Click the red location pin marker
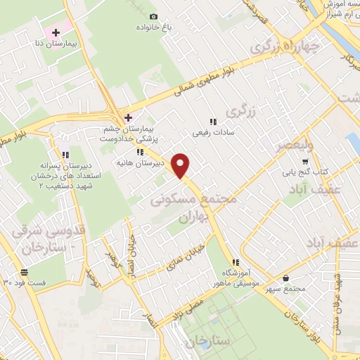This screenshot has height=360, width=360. [x=181, y=165]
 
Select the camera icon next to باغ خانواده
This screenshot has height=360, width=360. [x=154, y=16]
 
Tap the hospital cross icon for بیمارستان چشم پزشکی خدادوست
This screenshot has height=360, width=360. [x=127, y=117]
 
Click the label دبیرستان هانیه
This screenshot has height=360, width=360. [x=141, y=162]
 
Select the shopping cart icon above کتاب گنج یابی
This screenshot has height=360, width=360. [x=305, y=161]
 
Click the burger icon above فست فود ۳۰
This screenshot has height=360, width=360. [x=25, y=272]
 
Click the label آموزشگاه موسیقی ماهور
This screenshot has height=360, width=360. [x=236, y=278]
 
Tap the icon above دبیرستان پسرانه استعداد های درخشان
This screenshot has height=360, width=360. [x=65, y=155]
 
